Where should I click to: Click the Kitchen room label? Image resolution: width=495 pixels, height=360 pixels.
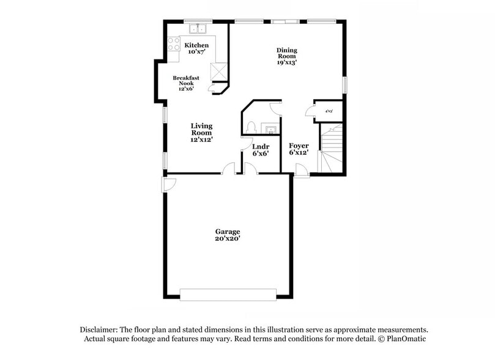(196, 46)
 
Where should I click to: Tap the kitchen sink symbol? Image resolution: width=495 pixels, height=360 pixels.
(198, 29)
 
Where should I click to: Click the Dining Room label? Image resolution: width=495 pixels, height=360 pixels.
(286, 53)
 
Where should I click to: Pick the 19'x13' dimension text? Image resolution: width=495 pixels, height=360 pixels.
(286, 62)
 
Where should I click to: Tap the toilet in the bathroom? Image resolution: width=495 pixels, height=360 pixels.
(251, 127)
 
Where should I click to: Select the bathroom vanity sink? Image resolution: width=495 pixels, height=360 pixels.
(269, 128)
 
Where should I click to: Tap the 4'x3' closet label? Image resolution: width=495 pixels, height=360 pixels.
(329, 111)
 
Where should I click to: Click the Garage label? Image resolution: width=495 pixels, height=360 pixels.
(227, 231)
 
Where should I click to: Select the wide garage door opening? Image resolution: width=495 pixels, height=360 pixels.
(226, 294)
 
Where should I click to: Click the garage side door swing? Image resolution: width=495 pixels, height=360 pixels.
(169, 184)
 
